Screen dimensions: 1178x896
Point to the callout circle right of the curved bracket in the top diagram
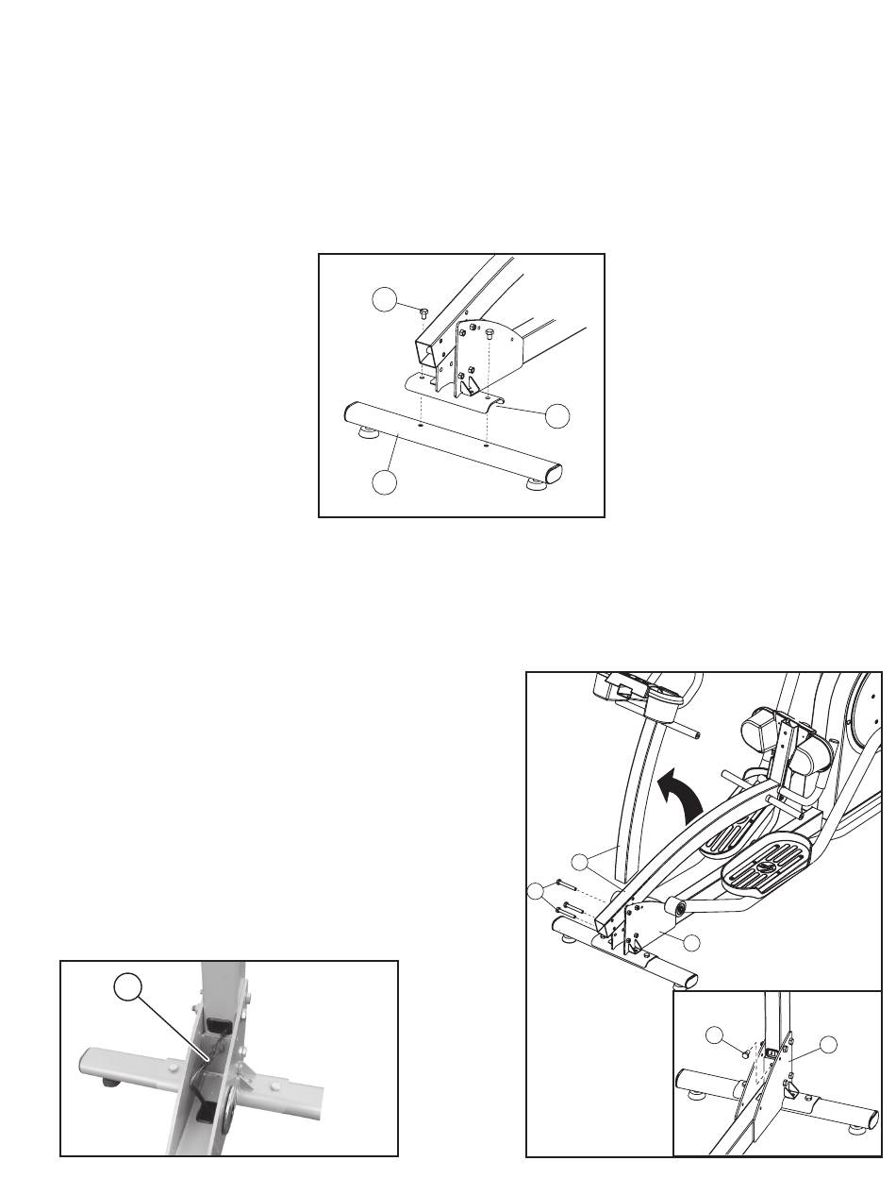558,415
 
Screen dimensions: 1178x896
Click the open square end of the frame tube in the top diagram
425,357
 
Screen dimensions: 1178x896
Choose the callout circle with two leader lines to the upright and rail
583,860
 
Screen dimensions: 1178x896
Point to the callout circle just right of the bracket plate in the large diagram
691,942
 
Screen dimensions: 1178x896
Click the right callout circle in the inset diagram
828,1044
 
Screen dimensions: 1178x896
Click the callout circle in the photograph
130,987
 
